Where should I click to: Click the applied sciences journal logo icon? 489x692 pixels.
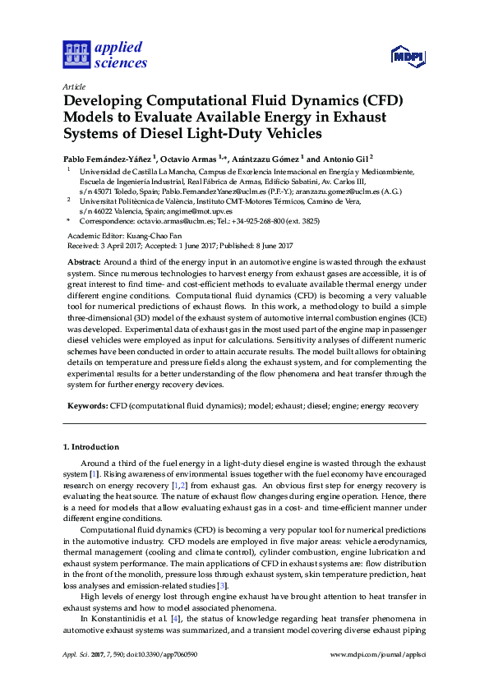point(76,55)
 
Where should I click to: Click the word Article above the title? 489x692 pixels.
point(73,85)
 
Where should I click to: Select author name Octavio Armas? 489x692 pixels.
point(191,157)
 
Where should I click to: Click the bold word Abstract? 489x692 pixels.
point(85,261)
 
